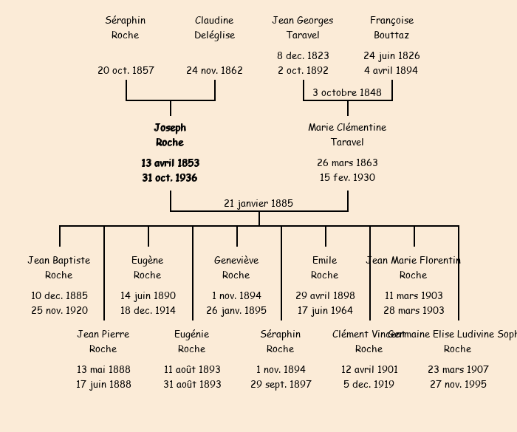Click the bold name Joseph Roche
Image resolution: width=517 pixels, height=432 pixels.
pyautogui.click(x=170, y=135)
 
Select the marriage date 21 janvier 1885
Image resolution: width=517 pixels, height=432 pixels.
pyautogui.click(x=258, y=203)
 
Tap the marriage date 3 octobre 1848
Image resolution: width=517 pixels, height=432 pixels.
pyautogui.click(x=347, y=92)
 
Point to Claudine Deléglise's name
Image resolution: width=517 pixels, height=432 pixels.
pyautogui.click(x=214, y=27)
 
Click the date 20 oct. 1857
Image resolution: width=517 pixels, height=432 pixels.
pyautogui.click(x=126, y=70)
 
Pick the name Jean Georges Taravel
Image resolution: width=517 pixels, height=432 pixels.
pyautogui.click(x=303, y=27)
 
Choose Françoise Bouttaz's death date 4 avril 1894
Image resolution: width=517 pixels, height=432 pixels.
pyautogui.click(x=391, y=70)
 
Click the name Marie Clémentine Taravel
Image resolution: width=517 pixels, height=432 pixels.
pyautogui.click(x=347, y=134)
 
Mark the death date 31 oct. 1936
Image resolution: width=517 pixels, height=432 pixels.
pyautogui.click(x=170, y=177)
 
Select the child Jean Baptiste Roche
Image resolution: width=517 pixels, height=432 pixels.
pyautogui.click(x=59, y=267)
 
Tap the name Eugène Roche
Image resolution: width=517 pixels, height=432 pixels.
pyautogui.click(x=148, y=267)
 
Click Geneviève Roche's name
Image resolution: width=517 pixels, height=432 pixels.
pyautogui.click(x=236, y=267)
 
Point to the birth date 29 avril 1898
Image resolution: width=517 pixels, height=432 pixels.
pyautogui.click(x=325, y=295)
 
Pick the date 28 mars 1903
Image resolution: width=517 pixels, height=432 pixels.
pyautogui.click(x=414, y=310)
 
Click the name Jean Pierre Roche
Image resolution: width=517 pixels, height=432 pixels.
pyautogui.click(x=103, y=341)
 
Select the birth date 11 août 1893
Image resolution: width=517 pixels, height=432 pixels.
pyautogui.click(x=192, y=369)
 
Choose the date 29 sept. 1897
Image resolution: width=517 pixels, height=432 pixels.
pyautogui.click(x=281, y=384)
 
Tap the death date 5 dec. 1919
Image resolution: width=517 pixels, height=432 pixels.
pyautogui.click(x=369, y=384)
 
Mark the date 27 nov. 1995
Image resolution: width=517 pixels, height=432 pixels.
pyautogui.click(x=458, y=384)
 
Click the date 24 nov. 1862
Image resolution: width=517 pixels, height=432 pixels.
pyautogui.click(x=214, y=70)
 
